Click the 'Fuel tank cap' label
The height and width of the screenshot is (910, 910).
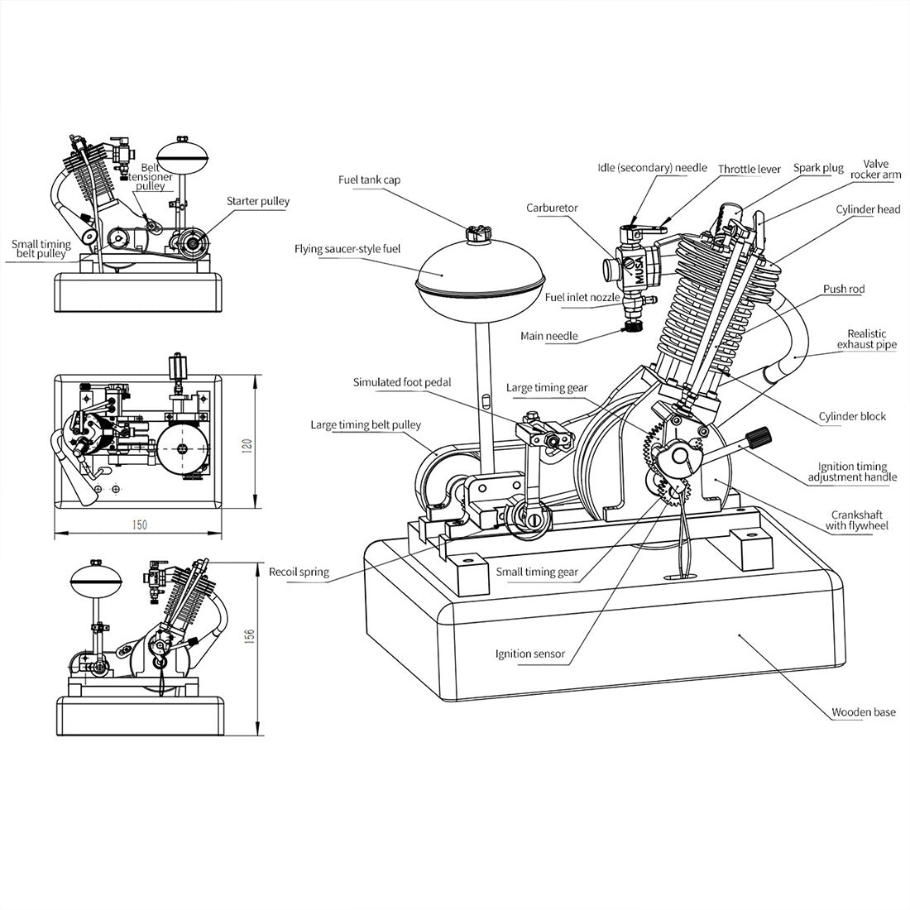[x=369, y=180]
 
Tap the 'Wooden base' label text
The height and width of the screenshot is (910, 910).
[x=863, y=711]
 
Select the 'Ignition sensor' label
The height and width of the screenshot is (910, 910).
[x=530, y=654]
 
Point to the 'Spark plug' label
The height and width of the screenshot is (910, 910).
[x=818, y=168]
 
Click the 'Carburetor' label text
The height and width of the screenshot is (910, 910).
[x=552, y=208]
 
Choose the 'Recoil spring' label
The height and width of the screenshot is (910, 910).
[x=299, y=572]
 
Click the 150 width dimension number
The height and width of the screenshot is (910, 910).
[x=139, y=524]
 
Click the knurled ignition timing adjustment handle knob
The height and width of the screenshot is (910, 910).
[x=759, y=437]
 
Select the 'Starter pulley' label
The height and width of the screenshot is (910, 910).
[x=258, y=201]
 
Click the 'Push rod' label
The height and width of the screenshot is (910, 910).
[x=844, y=290]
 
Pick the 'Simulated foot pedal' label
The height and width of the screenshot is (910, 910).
[x=402, y=382]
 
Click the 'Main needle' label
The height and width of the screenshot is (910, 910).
[x=548, y=336]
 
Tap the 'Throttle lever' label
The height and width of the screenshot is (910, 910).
[x=749, y=169]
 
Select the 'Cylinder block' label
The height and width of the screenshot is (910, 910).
[x=852, y=416]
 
